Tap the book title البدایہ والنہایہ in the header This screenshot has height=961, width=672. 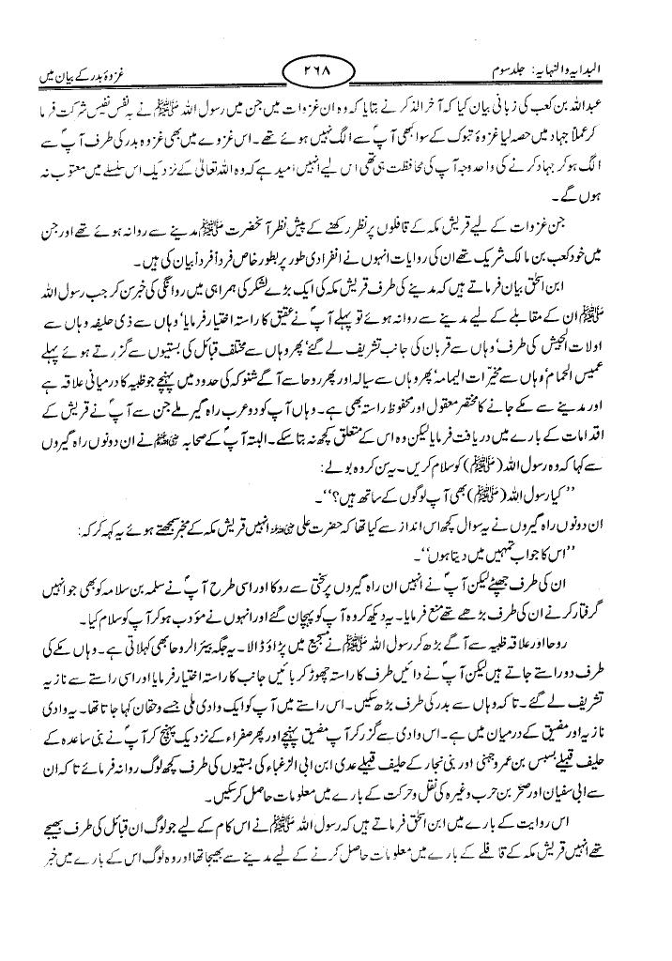601,68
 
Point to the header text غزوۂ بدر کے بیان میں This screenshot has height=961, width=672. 81,68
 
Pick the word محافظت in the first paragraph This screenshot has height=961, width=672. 374,147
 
